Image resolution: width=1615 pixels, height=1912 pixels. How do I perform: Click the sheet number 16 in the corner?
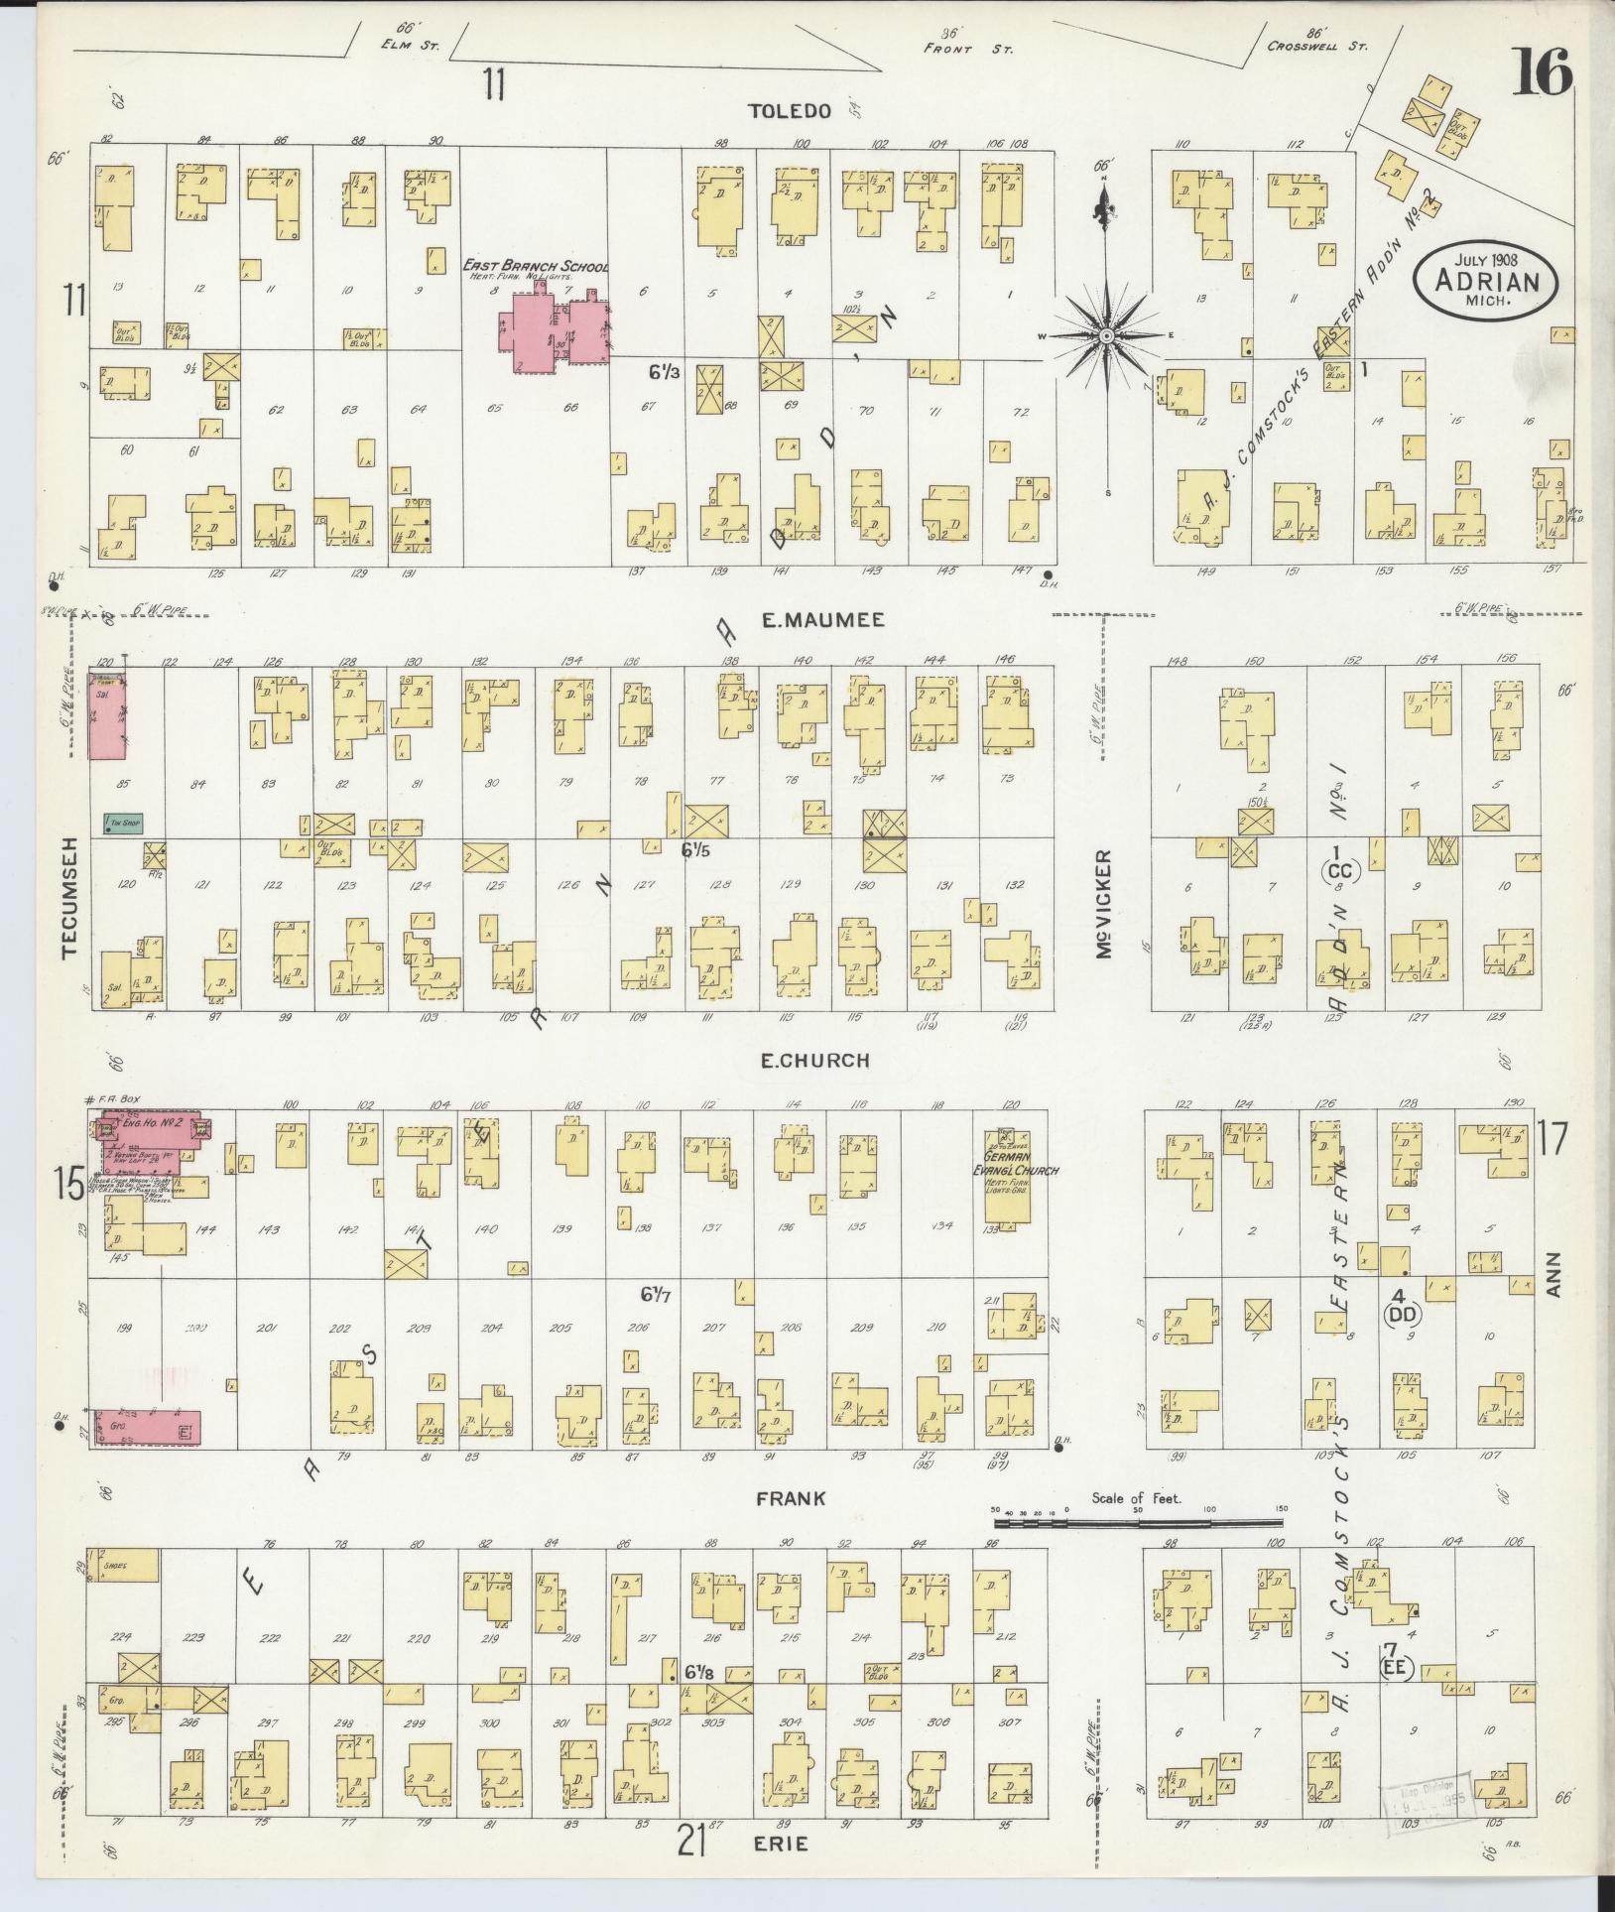pyautogui.click(x=1544, y=72)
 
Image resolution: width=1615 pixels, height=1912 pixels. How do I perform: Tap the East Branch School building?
pyautogui.click(x=556, y=331)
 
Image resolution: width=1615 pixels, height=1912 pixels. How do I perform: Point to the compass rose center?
pyautogui.click(x=1105, y=336)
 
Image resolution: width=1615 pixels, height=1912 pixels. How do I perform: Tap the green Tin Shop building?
pyautogui.click(x=119, y=823)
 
